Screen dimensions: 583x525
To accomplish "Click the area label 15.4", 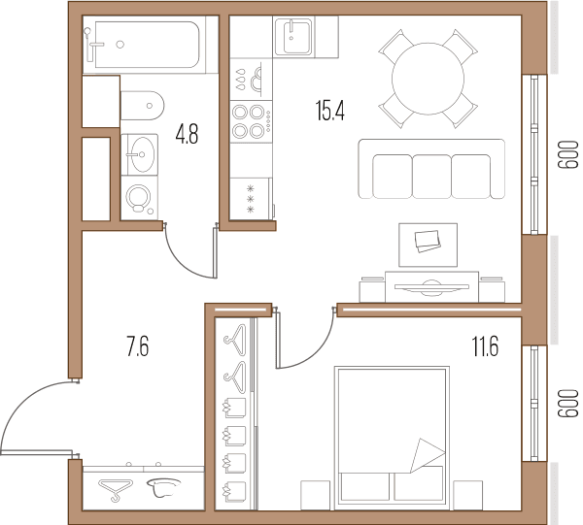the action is point(330,111).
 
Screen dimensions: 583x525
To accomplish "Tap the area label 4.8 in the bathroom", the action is point(187,134).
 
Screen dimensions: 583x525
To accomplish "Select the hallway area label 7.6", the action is point(138,346).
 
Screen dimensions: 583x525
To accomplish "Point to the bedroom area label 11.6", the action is point(485,346).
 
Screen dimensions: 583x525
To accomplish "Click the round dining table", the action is point(428,79).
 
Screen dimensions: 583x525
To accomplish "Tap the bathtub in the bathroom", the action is point(146,45).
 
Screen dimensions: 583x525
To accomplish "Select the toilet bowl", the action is point(142,106).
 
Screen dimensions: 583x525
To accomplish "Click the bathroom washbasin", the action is point(140,154).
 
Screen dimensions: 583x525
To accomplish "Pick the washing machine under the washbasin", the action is point(139,198).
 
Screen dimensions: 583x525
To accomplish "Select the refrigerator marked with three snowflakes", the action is point(251,199).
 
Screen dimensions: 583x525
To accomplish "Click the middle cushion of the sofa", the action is point(431,176).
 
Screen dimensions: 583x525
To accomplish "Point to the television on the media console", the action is point(431,286).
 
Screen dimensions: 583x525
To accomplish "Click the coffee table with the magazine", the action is point(428,245).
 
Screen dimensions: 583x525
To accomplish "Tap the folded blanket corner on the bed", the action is point(428,455).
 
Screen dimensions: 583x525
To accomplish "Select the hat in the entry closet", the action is point(163,487).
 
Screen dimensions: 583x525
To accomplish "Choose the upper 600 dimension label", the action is point(568,154).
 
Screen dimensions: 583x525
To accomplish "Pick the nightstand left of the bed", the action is point(315,495).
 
